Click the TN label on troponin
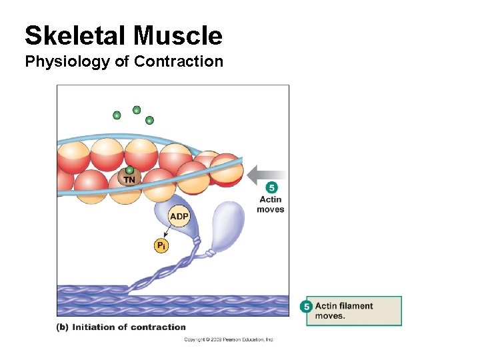(x=129, y=179)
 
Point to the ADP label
(x=179, y=217)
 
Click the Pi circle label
(x=161, y=246)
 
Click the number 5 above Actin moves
(x=271, y=188)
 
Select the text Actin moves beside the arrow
(x=271, y=204)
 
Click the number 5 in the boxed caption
(x=307, y=307)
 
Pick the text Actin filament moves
(x=343, y=311)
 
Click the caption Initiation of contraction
(x=129, y=327)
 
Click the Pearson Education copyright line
(x=229, y=339)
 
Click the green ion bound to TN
(x=130, y=170)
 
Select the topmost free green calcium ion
(x=137, y=110)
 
